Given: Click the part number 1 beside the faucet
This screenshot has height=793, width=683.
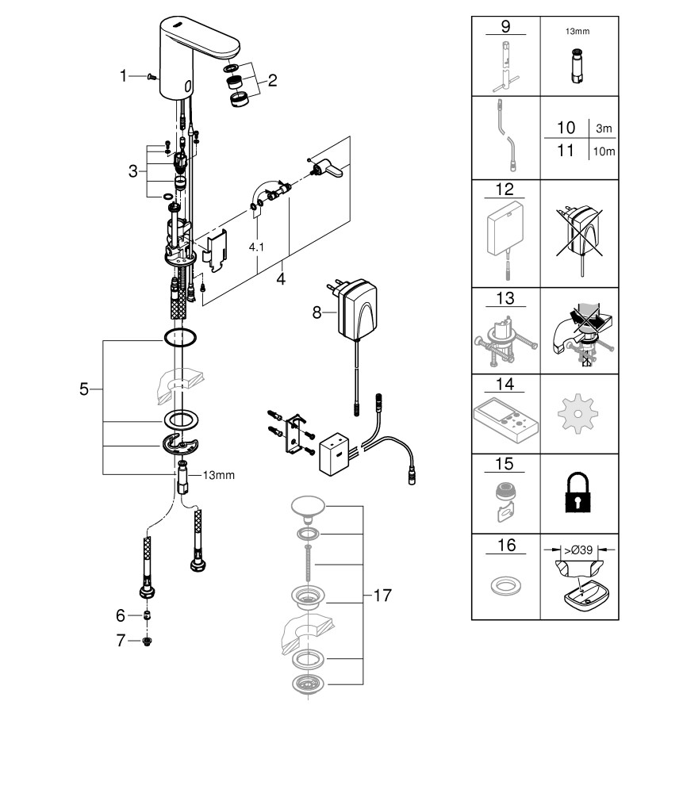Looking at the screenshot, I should coord(124,75).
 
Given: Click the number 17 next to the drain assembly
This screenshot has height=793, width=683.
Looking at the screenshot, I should coord(382,596).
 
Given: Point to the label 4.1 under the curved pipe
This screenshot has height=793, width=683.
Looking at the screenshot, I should coord(257,247).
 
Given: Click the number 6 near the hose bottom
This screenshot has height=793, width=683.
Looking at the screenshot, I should coord(121,615).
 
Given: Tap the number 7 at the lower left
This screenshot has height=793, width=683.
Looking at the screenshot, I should coord(121,641).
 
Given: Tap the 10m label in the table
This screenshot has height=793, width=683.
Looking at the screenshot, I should coord(605,151).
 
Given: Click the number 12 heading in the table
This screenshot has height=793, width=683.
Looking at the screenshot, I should coord(506,190).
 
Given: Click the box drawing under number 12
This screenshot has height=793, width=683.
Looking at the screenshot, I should coord(505,231).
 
